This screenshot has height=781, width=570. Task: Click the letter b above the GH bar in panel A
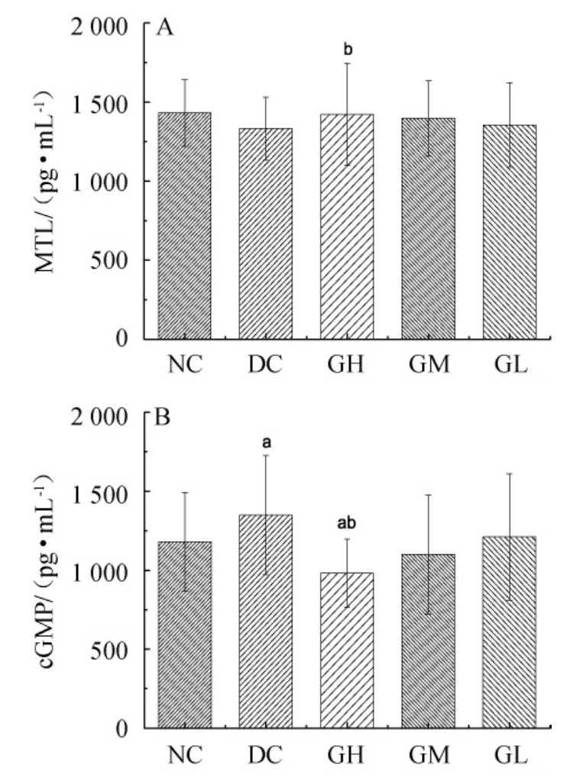pos(348,50)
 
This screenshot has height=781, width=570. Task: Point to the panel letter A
pos(163,29)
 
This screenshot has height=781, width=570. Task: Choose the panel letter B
pos(163,419)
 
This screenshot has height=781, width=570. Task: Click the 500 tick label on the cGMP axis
pos(116,650)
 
